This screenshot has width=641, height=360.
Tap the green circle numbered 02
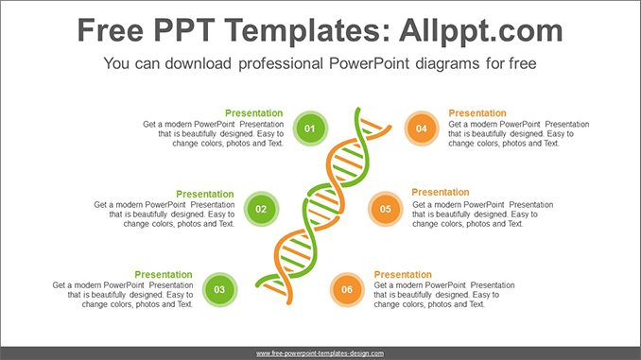click(x=261, y=208)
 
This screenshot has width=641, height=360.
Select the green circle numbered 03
click(x=219, y=289)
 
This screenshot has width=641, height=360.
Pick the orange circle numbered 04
click(x=421, y=128)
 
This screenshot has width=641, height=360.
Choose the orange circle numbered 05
click(x=385, y=208)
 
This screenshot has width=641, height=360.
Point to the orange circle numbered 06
click(x=347, y=289)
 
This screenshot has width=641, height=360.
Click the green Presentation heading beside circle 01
click(x=253, y=113)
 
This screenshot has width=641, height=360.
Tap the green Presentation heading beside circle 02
click(x=204, y=194)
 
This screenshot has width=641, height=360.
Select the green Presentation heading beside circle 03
click(x=163, y=275)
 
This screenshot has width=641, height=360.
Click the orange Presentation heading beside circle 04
click(x=477, y=113)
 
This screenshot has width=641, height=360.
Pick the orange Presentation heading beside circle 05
click(x=441, y=193)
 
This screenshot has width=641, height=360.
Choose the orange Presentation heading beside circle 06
click(x=403, y=275)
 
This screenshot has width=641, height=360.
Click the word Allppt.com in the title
click(x=482, y=31)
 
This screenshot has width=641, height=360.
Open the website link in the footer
click(x=320, y=352)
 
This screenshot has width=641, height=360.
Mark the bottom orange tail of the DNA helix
click(x=289, y=300)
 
